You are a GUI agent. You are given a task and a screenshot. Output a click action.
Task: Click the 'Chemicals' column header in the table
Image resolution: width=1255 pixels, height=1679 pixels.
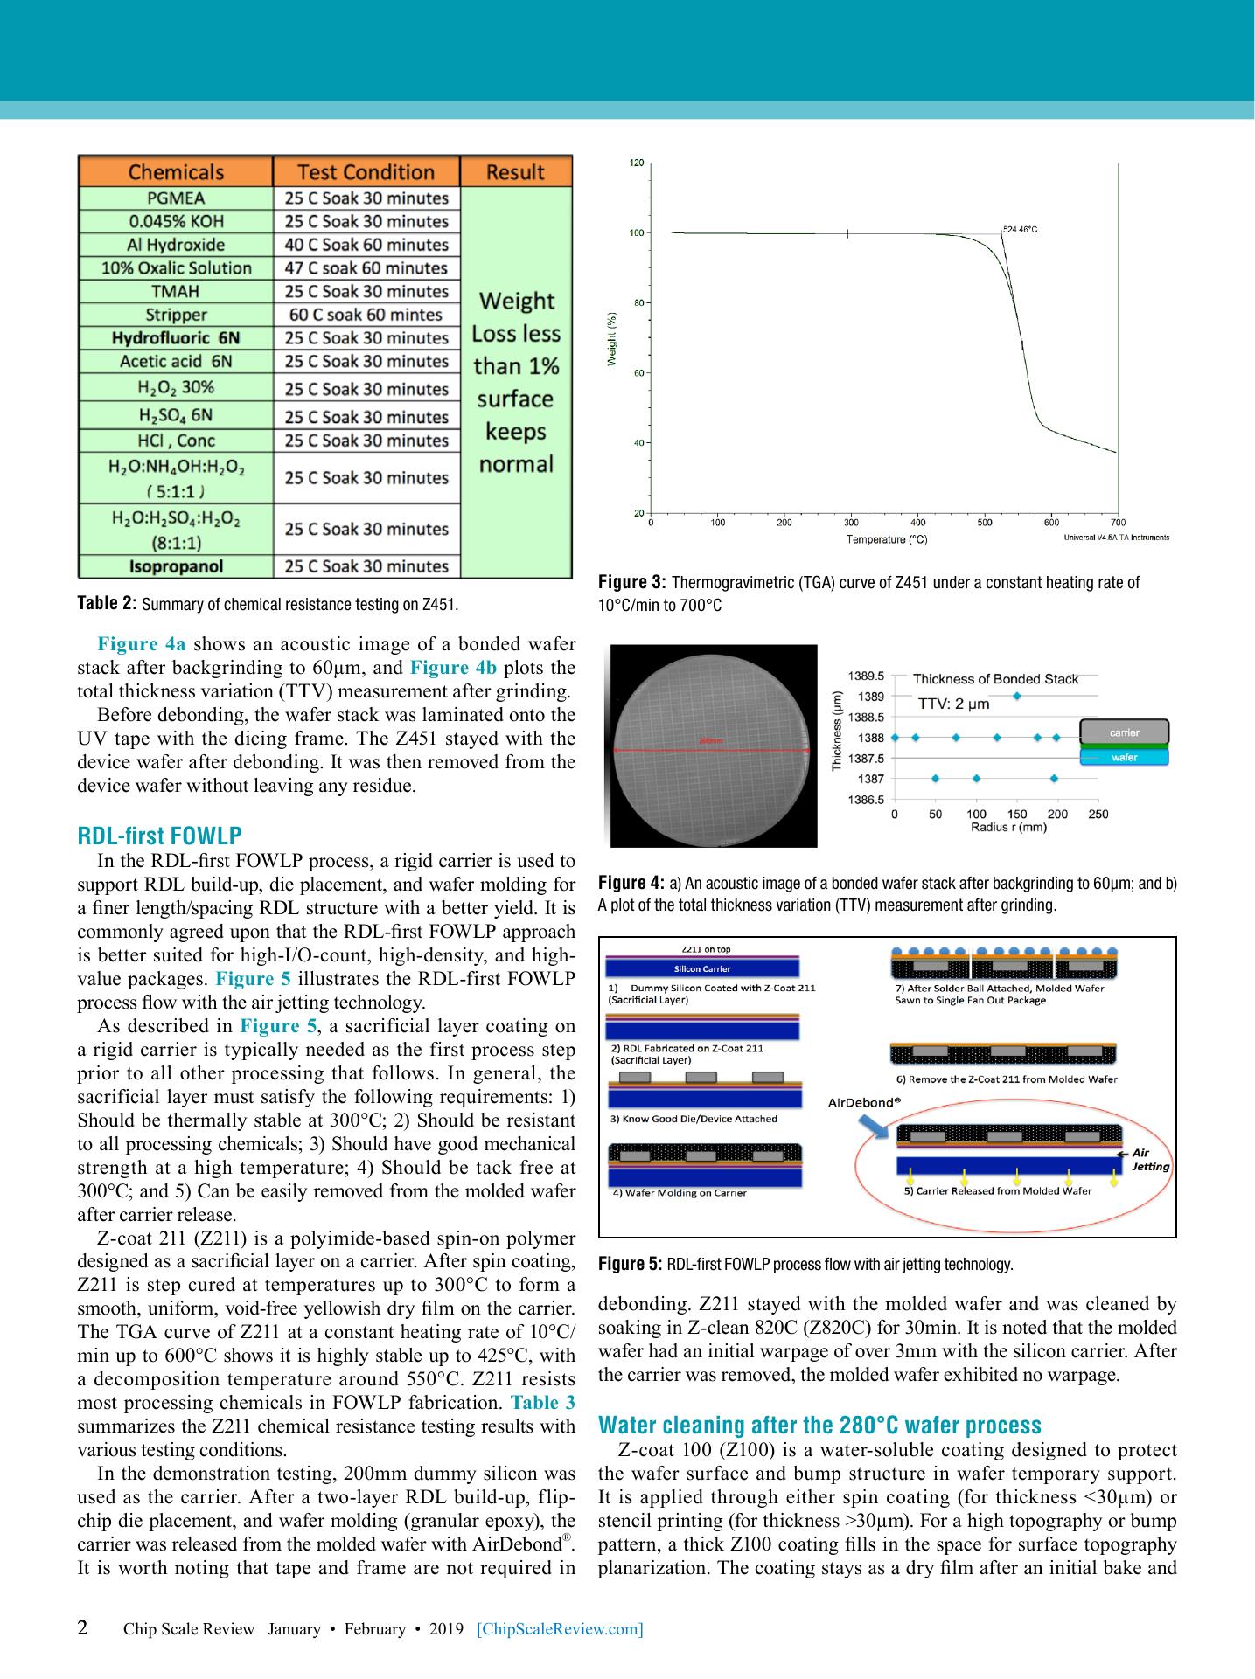176,172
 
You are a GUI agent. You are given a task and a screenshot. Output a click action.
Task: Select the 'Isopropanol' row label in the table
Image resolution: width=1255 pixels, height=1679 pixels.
176,566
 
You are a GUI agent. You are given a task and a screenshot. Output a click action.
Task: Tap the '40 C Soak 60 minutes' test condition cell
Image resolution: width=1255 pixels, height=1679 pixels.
366,245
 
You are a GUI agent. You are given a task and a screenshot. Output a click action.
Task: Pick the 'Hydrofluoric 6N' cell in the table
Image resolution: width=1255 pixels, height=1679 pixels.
176,338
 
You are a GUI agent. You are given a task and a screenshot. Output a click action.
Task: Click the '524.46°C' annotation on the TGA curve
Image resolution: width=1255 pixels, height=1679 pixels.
1020,229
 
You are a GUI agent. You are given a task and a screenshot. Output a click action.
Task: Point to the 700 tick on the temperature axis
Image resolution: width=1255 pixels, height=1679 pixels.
1119,523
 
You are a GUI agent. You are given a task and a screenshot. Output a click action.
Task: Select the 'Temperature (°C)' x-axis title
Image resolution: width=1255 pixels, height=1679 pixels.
886,539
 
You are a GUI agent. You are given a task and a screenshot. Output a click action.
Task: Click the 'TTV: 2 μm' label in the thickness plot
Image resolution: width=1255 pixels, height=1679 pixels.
953,704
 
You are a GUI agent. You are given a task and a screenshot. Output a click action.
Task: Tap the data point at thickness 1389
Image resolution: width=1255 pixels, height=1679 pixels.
1016,696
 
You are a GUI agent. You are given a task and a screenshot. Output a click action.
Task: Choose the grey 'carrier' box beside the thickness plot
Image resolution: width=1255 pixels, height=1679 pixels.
1124,732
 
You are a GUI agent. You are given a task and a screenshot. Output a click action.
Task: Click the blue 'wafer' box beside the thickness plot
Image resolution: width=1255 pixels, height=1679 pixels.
1124,757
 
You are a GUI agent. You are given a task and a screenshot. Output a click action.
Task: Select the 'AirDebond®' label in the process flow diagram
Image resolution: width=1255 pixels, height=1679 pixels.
864,1103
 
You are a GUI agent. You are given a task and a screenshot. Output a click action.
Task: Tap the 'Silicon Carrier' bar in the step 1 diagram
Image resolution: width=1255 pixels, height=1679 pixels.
702,968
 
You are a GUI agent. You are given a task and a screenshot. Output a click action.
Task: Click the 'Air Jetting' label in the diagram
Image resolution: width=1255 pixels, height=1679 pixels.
1149,1160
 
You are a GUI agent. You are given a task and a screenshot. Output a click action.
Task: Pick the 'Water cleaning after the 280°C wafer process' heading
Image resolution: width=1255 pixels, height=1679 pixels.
819,1426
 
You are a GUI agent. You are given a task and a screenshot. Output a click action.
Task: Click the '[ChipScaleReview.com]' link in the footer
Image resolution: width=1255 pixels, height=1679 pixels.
561,1629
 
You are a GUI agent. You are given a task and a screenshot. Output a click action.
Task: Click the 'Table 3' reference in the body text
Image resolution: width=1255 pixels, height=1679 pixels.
542,1404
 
